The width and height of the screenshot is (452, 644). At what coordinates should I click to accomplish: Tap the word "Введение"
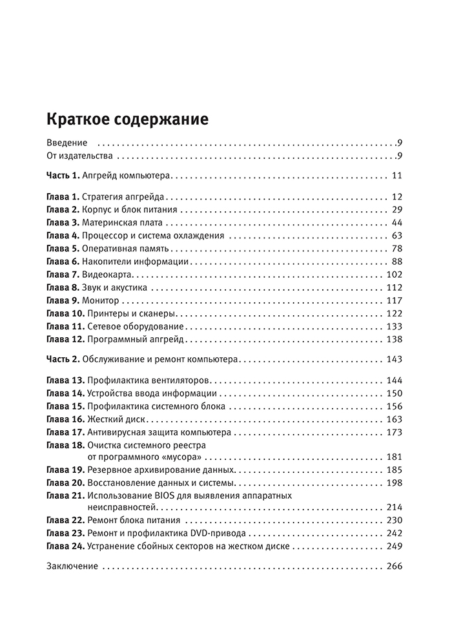coord(67,143)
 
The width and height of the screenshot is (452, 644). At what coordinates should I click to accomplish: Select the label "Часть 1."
coord(63,176)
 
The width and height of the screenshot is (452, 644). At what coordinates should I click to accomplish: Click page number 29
coord(397,210)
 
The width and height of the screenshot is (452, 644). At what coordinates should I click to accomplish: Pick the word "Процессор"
coord(105,235)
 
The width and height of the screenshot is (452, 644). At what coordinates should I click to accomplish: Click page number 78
coord(397,248)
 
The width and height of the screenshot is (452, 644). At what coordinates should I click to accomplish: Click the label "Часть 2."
coord(63,358)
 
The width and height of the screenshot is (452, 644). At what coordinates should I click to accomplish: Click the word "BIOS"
coord(166,495)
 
